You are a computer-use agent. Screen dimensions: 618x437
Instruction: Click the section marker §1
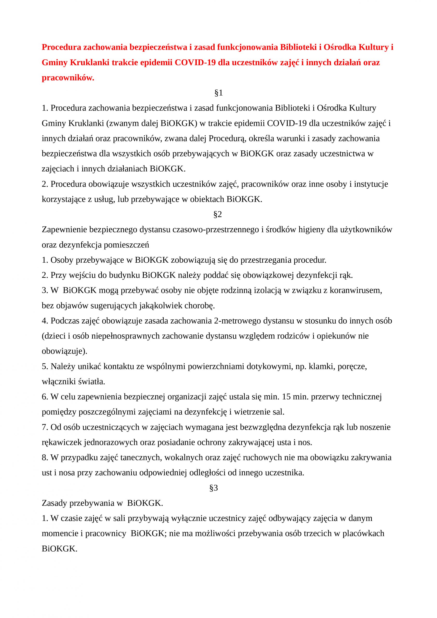(218, 93)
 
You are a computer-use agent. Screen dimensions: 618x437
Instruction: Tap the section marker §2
(217, 215)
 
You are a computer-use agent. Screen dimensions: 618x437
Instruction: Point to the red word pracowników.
(68, 78)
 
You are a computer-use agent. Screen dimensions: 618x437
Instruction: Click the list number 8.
(45, 457)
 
